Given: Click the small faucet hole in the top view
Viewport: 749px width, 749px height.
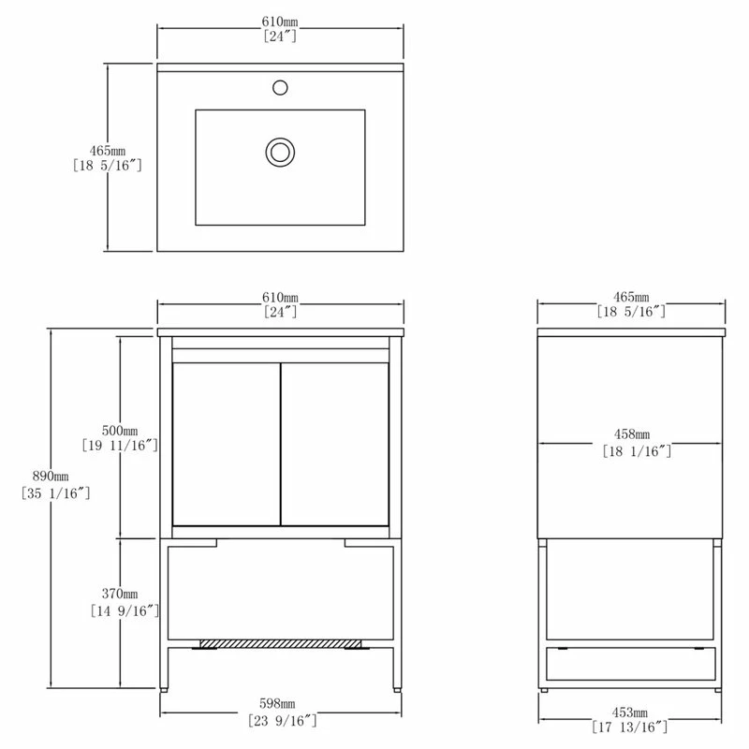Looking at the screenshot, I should click(279, 87).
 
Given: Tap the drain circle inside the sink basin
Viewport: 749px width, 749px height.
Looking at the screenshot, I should click(279, 151).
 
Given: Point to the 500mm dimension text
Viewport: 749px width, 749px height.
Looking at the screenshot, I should click(120, 430).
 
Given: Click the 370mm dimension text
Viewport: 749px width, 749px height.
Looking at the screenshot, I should click(120, 595).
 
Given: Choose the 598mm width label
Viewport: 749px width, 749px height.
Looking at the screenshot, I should click(280, 704).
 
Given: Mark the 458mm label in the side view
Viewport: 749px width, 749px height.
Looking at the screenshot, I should click(632, 434).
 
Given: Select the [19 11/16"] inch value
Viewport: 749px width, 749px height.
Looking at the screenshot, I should click(121, 446).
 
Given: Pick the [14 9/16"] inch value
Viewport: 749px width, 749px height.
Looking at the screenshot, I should click(120, 610).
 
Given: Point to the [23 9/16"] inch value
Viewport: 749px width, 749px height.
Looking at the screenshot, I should click(280, 720).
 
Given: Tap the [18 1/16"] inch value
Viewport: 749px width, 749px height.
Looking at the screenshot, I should click(632, 450).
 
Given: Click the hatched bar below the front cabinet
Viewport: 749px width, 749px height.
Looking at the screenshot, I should click(280, 643).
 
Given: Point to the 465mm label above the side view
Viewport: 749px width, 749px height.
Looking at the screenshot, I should click(632, 296).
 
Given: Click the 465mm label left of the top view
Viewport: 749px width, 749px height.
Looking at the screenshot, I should click(106, 150).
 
